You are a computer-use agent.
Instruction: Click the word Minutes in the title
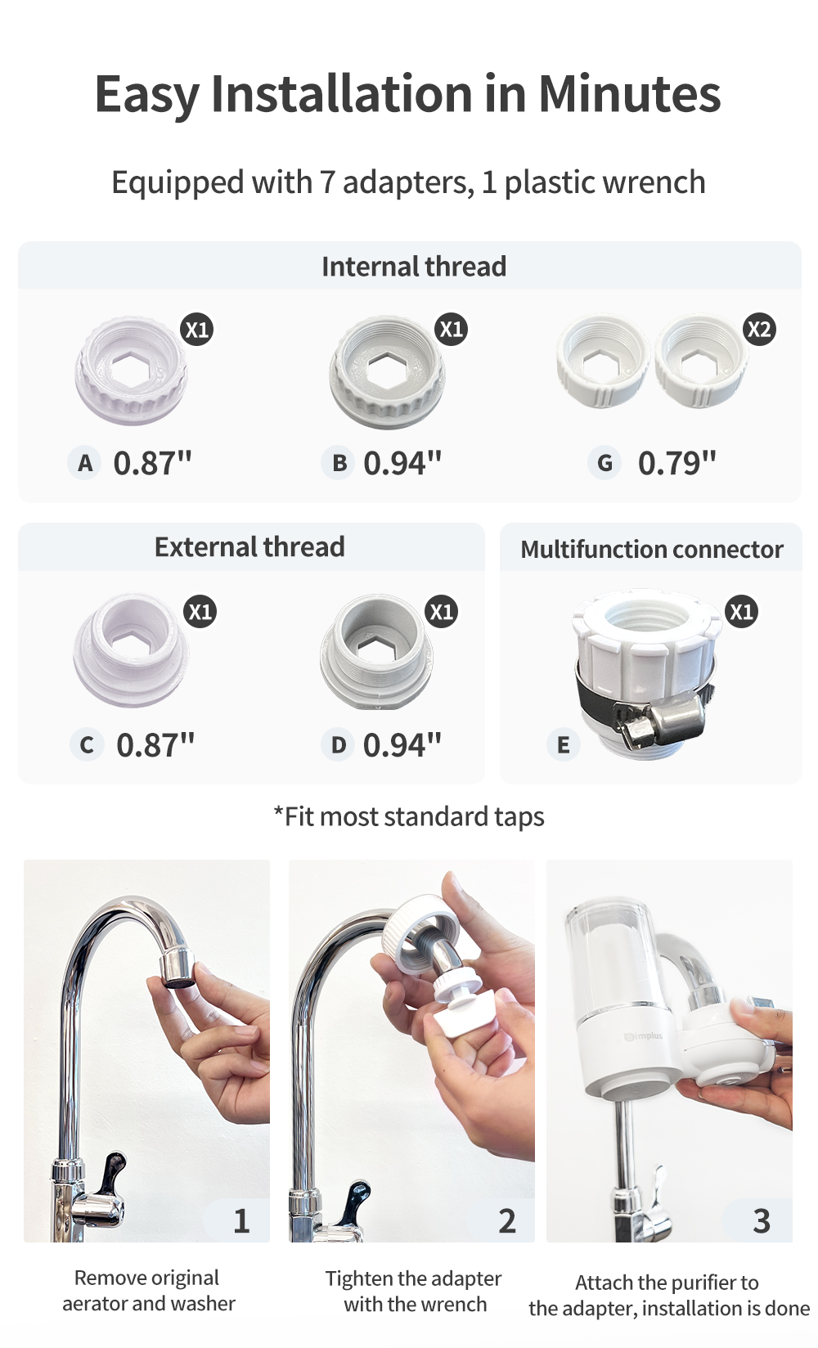pos(629,93)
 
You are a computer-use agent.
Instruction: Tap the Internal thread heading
pos(414,266)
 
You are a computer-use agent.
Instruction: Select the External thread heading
pos(249,546)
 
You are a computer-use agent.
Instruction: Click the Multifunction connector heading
pos(652,549)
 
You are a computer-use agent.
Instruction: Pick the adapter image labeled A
pos(131,371)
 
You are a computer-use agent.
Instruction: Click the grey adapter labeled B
pos(387,373)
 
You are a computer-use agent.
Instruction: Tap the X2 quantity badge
pos(759,330)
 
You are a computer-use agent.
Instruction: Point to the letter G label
pos(605,464)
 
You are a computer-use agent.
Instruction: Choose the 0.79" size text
pos(676,464)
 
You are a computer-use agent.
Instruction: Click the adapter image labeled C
pos(131,650)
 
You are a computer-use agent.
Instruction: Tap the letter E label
pos(563,745)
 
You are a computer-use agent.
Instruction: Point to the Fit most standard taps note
pos(409,816)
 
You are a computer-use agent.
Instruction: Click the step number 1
pos(241,1221)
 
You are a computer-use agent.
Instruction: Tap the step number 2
pos(507,1221)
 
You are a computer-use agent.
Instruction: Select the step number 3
pos(762,1221)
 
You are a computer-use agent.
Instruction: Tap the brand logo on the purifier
pos(645,1036)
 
